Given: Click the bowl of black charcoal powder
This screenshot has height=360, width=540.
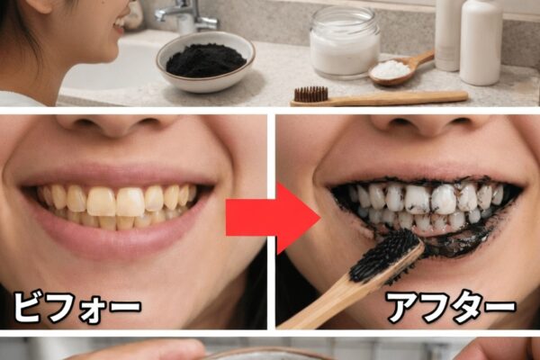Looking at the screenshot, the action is click(x=205, y=62).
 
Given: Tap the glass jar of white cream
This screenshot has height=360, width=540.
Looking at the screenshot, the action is click(x=345, y=41).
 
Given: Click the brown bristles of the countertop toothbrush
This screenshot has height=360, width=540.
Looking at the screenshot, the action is click(x=311, y=94).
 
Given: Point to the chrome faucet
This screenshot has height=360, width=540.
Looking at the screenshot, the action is click(x=188, y=15).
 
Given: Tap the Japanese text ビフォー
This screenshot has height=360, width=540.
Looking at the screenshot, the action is click(x=77, y=307).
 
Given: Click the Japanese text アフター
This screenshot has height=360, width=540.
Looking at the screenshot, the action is click(x=452, y=307).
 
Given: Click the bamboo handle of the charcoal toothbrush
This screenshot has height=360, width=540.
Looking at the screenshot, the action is click(x=345, y=292).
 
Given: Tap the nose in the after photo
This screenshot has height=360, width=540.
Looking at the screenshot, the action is click(x=430, y=126).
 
